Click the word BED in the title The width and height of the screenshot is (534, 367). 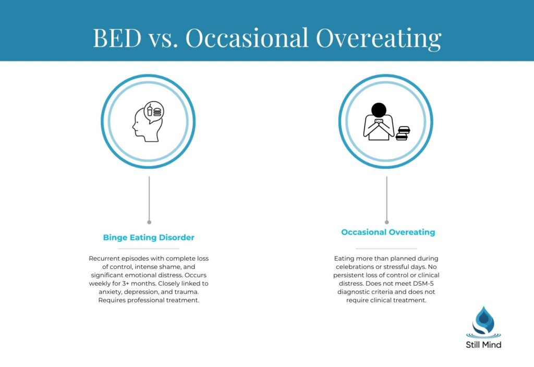pyautogui.click(x=117, y=38)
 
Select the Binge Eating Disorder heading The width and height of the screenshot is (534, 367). pyautogui.click(x=149, y=238)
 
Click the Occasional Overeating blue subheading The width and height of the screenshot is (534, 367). pyautogui.click(x=388, y=233)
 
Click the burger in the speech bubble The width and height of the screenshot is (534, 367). pyautogui.click(x=157, y=111)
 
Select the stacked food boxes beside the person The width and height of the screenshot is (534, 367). pyautogui.click(x=403, y=133)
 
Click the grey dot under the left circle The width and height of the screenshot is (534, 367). pyautogui.click(x=149, y=222)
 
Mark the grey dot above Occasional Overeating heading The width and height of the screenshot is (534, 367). pyautogui.click(x=386, y=222)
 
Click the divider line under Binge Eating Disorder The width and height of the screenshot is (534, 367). pyautogui.click(x=149, y=249)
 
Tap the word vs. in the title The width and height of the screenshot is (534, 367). pyautogui.click(x=162, y=38)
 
